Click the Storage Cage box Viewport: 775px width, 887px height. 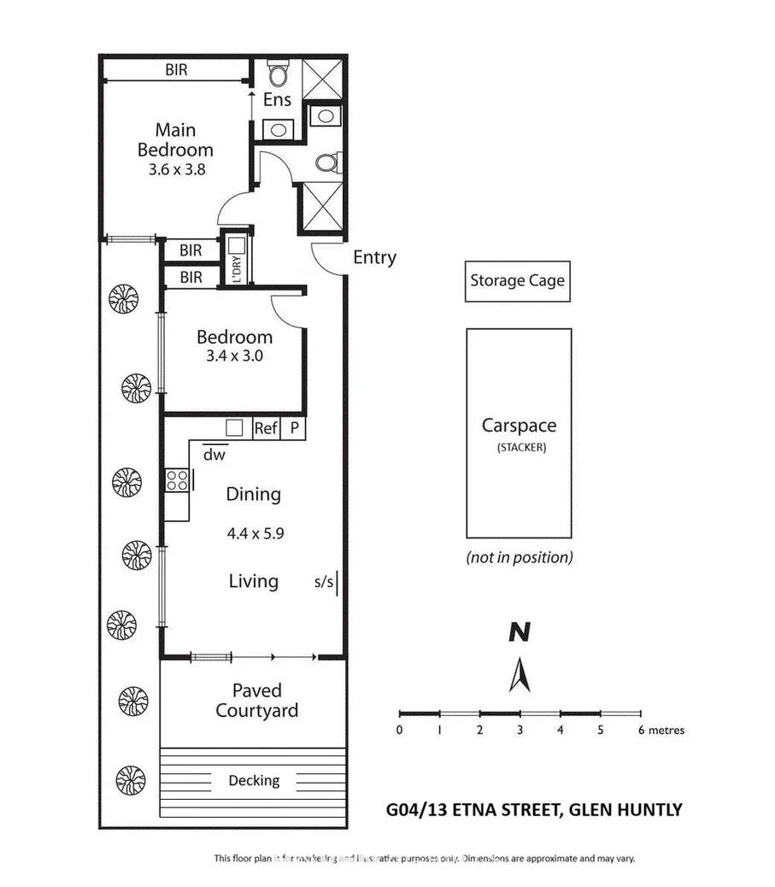tap(517, 280)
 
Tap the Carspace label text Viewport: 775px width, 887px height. tap(519, 426)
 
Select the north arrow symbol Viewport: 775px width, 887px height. tap(519, 674)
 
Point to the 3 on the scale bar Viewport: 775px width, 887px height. tap(520, 731)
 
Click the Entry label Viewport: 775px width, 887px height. tap(374, 257)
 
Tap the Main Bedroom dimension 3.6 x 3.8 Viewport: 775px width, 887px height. tap(175, 169)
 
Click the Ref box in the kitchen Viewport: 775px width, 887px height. tap(266, 429)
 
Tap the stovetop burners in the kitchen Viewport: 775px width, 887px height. tap(178, 481)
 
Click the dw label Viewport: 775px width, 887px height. tap(214, 455)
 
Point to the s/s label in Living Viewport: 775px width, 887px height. tap(324, 584)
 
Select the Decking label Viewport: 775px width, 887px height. tap(254, 780)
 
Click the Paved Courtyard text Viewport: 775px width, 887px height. tap(256, 700)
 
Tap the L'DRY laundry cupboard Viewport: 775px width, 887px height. tap(237, 259)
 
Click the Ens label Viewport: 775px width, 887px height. tap(277, 100)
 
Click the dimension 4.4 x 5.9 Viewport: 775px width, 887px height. tap(255, 533)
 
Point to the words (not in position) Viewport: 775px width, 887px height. tap(519, 558)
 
